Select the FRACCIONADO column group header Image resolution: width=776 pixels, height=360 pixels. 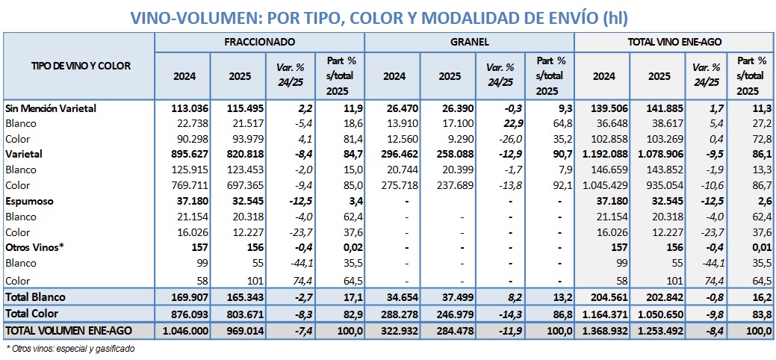pos(259,43)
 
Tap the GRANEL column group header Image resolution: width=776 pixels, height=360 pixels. pos(470,43)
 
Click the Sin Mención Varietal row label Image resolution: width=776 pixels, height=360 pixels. pos(51,108)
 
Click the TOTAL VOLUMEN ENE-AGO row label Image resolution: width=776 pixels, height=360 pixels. pos(66,330)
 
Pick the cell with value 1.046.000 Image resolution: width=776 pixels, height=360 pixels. pos(183,330)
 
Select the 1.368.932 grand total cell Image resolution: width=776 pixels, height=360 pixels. pos(602,330)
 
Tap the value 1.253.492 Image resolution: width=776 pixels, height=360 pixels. pos(655,330)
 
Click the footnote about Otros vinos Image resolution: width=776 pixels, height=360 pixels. pos(70,348)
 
